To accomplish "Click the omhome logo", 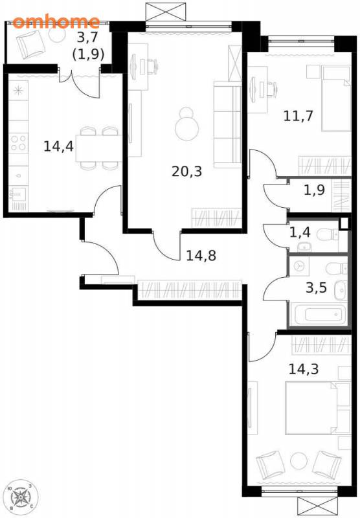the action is pyautogui.click(x=56, y=22).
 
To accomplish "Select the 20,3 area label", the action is pyautogui.click(x=186, y=172).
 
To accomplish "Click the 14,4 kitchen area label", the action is pyautogui.click(x=58, y=146).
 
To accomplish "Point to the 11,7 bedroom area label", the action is pyautogui.click(x=298, y=116).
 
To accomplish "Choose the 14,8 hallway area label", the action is pyautogui.click(x=201, y=255).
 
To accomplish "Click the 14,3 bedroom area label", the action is pyautogui.click(x=304, y=369).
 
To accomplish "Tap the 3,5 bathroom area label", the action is pyautogui.click(x=316, y=287).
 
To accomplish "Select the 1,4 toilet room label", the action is pyautogui.click(x=300, y=232).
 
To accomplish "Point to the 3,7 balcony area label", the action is pyautogui.click(x=87, y=38).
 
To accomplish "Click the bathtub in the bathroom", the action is pyautogui.click(x=320, y=314).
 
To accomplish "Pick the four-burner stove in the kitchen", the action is pyautogui.click(x=18, y=142).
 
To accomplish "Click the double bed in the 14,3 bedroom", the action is pyautogui.click(x=317, y=408).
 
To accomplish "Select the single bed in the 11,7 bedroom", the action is pyautogui.click(x=336, y=98).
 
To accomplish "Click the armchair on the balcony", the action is pyautogui.click(x=30, y=43).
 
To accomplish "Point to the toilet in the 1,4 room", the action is pyautogui.click(x=328, y=235).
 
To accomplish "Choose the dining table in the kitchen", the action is pyautogui.click(x=99, y=148).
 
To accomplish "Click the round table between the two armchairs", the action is pyautogui.click(x=298, y=460).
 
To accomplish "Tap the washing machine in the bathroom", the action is pyautogui.click(x=299, y=266).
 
